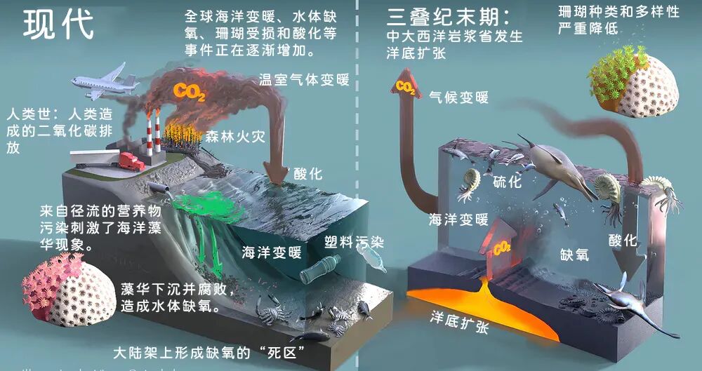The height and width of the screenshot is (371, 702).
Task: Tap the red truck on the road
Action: coord(131,162)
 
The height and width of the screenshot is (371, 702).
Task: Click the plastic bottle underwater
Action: coord(321,269)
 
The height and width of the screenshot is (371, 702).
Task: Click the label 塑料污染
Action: coord(354,243)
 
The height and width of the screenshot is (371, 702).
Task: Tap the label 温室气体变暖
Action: coord(304,80)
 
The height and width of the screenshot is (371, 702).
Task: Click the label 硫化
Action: coord(507,182)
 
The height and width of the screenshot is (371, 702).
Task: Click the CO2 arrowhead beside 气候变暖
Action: coord(405,86)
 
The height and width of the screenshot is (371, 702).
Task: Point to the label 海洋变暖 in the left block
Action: coord(272,252)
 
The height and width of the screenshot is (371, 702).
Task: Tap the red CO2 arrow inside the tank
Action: coord(499,241)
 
